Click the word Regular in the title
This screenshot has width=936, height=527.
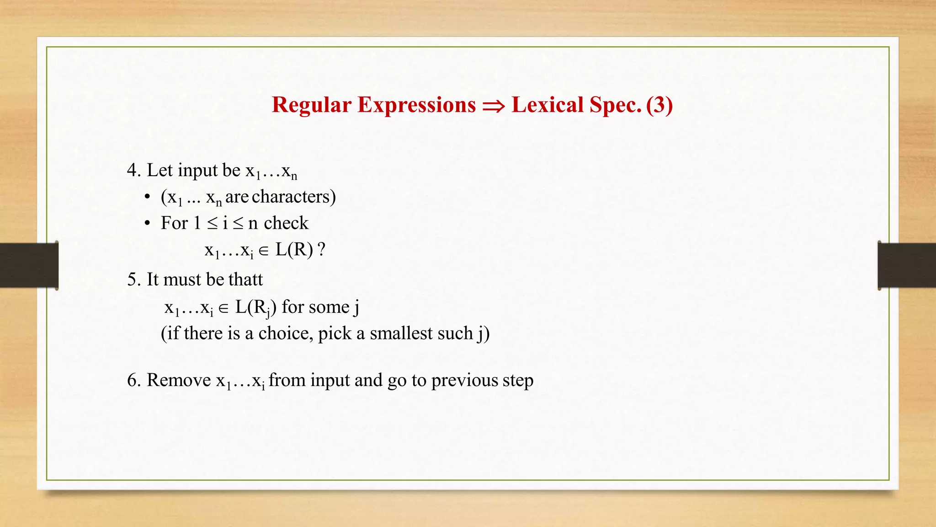[311, 105]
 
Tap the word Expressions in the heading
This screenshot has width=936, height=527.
[416, 105]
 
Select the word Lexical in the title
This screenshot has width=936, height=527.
[548, 105]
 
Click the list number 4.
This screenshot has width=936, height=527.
[133, 170]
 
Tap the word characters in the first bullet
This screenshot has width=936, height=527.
[291, 197]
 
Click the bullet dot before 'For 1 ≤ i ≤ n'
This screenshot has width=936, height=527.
[147, 223]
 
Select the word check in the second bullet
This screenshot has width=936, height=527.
[286, 223]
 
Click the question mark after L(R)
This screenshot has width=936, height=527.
[321, 250]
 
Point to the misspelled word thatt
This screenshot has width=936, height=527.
[245, 280]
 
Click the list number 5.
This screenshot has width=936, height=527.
[133, 280]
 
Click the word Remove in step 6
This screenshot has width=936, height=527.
[179, 380]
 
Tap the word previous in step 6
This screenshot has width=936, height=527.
[464, 380]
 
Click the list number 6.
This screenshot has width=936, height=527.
[133, 380]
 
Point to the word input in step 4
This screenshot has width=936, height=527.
[197, 171]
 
